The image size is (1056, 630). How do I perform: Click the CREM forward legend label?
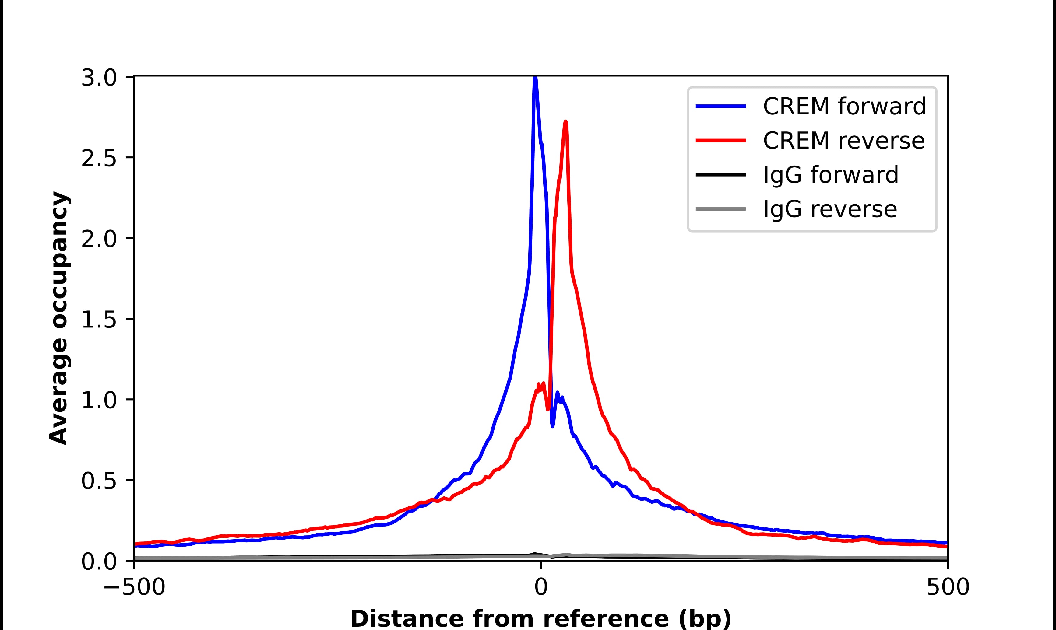tap(844, 106)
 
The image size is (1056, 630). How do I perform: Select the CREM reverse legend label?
tap(843, 141)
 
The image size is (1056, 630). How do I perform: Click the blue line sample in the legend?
tap(720, 106)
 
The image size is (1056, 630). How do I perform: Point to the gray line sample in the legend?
tap(720, 209)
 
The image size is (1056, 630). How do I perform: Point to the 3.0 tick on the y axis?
tap(99, 79)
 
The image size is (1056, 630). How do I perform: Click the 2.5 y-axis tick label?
tap(99, 159)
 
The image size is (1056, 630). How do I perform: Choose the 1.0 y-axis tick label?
tap(99, 400)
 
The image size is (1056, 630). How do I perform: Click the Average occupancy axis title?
tap(59, 318)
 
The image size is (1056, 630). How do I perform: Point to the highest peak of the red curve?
tap(565, 122)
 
